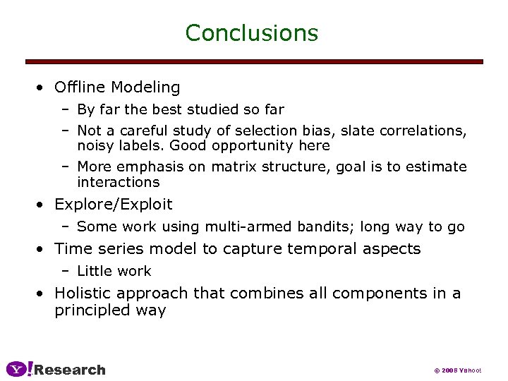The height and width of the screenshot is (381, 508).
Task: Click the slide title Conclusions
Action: pyautogui.click(x=251, y=32)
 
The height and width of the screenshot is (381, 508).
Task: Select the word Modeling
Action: pyautogui.click(x=145, y=87)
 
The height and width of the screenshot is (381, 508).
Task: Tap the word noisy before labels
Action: pyautogui.click(x=96, y=145)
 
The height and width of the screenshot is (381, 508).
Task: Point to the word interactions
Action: pyautogui.click(x=118, y=182)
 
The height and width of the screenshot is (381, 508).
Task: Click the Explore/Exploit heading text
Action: pyautogui.click(x=113, y=205)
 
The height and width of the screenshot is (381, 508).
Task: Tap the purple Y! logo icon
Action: pyautogui.click(x=18, y=369)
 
